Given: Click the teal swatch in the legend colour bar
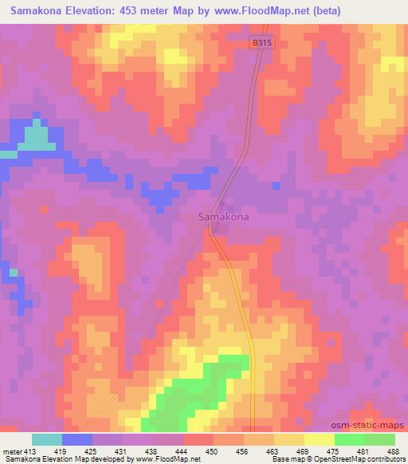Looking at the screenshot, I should coord(46,439).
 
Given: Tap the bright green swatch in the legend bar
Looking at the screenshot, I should coord(349,439).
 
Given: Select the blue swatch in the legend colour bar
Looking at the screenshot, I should coord(76,439).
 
